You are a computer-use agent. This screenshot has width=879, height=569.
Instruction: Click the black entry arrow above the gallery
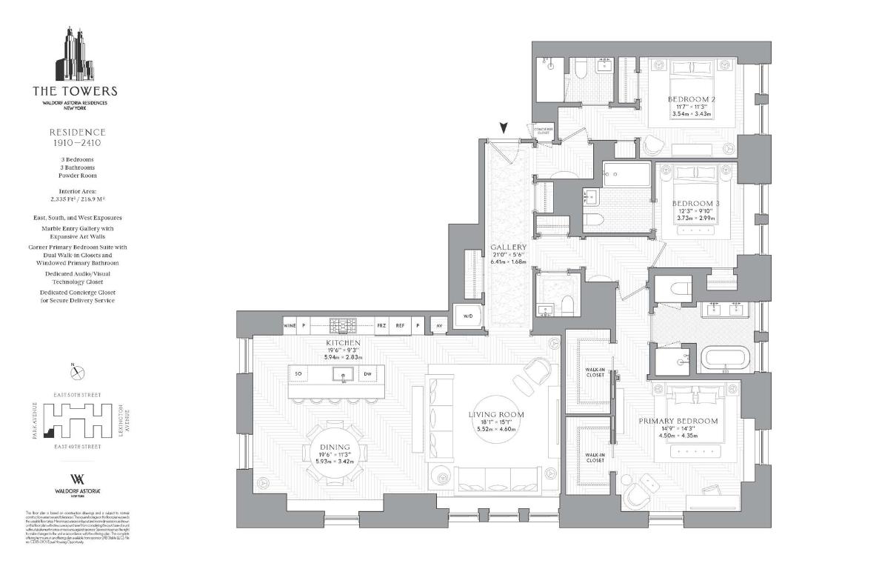[x=504, y=128]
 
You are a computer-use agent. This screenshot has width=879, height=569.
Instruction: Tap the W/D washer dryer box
[x=468, y=316]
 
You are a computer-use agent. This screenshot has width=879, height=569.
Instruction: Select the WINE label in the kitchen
[x=290, y=325]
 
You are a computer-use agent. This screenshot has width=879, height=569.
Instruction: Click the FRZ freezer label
[x=381, y=325]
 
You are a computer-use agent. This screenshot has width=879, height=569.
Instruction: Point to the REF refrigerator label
[x=400, y=325]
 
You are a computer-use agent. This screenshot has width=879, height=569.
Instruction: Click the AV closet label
[x=439, y=325]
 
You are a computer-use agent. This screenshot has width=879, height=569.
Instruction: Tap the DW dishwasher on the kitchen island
[x=367, y=374]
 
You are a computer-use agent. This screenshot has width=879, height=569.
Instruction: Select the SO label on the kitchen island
[x=298, y=374]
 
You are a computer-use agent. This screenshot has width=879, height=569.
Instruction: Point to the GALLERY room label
[x=508, y=247]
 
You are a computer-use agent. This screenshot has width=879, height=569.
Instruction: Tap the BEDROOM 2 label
[x=691, y=99]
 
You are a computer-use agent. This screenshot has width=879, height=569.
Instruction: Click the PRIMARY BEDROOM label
[x=678, y=421]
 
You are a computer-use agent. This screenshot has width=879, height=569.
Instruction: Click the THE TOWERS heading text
[x=74, y=91]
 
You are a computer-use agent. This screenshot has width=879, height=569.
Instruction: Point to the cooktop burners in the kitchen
[x=342, y=325]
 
